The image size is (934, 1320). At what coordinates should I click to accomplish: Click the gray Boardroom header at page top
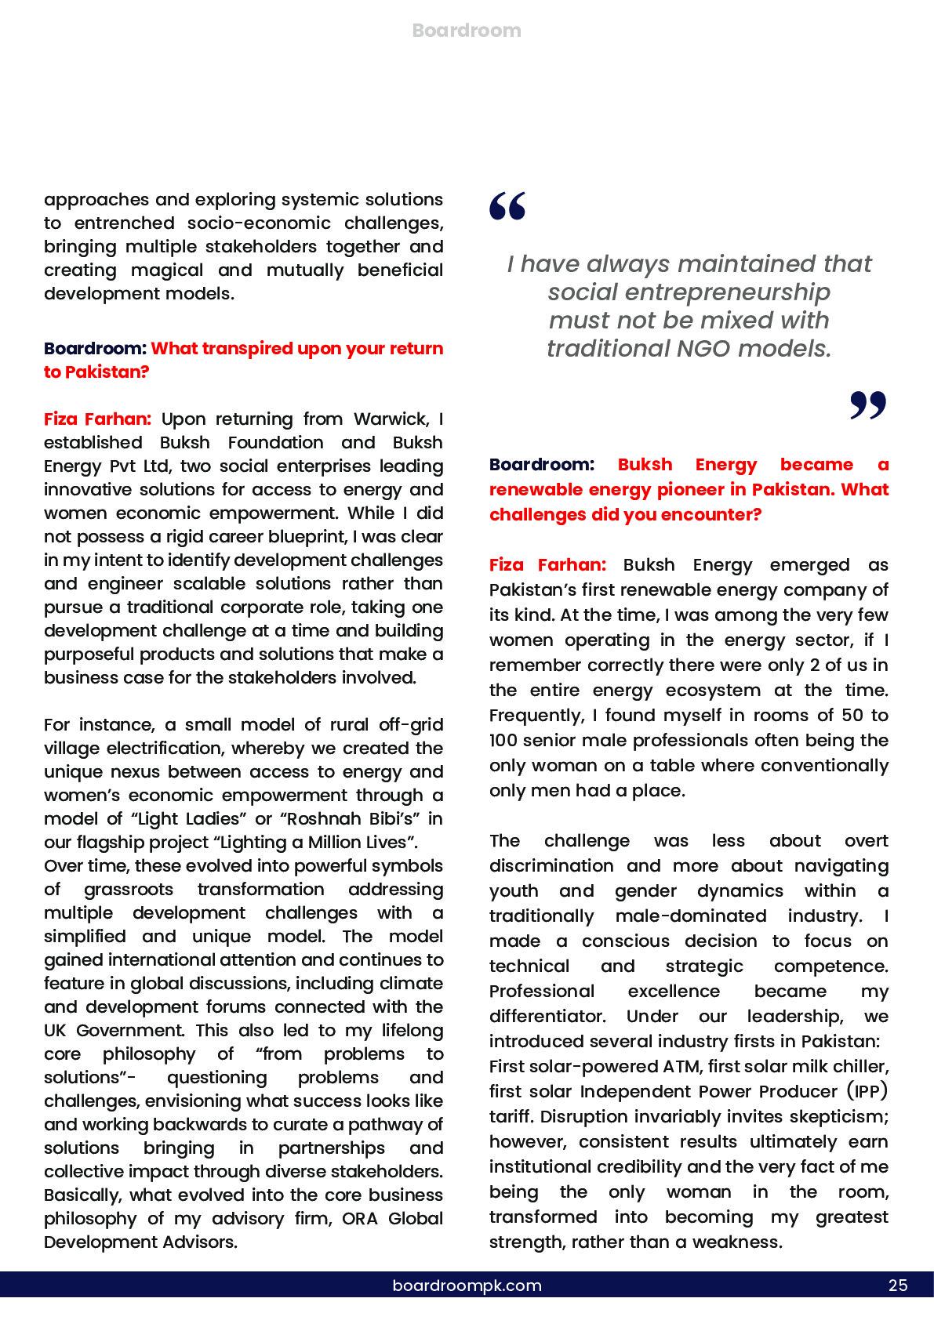coord(467,31)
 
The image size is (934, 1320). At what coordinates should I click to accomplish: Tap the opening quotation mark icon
coord(507,205)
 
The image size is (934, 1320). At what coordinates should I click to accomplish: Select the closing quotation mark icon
coord(867,405)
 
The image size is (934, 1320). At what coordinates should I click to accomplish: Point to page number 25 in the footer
coord(898,1286)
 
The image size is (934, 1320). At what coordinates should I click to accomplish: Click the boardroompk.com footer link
coord(467,1286)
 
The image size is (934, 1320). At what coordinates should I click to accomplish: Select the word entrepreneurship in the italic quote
coord(689,292)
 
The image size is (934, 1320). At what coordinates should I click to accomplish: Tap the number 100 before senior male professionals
coord(505,740)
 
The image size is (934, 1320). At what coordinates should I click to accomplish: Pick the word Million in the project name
coord(342,842)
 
